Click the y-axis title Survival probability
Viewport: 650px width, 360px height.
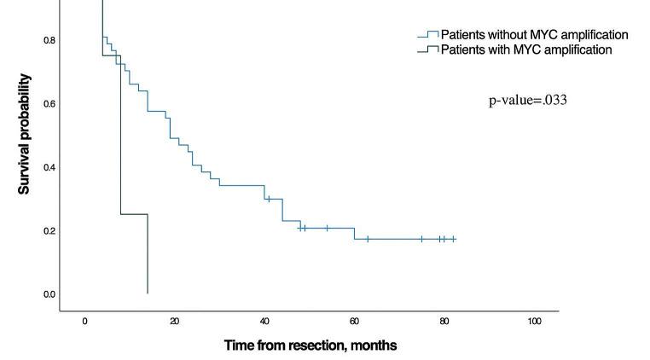[x=25, y=134]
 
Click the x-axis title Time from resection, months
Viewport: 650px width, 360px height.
[x=310, y=345]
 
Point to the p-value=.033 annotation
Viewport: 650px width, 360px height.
[x=527, y=101]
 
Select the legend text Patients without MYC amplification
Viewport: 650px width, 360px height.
[x=534, y=35]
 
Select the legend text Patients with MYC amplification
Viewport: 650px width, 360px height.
[x=525, y=49]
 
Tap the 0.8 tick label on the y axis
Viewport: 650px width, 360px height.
[x=50, y=40]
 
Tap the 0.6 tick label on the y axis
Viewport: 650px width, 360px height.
[x=50, y=104]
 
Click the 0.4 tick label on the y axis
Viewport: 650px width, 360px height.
[x=50, y=167]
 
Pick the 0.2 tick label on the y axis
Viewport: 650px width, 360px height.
[x=50, y=231]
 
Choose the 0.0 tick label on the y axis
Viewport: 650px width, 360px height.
[x=50, y=294]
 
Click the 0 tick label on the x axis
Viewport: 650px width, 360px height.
[x=84, y=321]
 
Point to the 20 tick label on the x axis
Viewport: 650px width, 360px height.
[x=175, y=321]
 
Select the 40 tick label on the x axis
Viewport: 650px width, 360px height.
[x=264, y=321]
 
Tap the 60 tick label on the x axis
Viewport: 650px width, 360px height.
[x=354, y=321]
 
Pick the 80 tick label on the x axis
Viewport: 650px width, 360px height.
[x=444, y=321]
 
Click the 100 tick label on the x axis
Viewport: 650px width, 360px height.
[x=534, y=321]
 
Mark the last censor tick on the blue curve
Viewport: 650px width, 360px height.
[x=453, y=239]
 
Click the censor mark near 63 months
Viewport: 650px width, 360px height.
[x=368, y=239]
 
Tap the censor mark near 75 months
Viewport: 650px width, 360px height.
[x=421, y=239]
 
